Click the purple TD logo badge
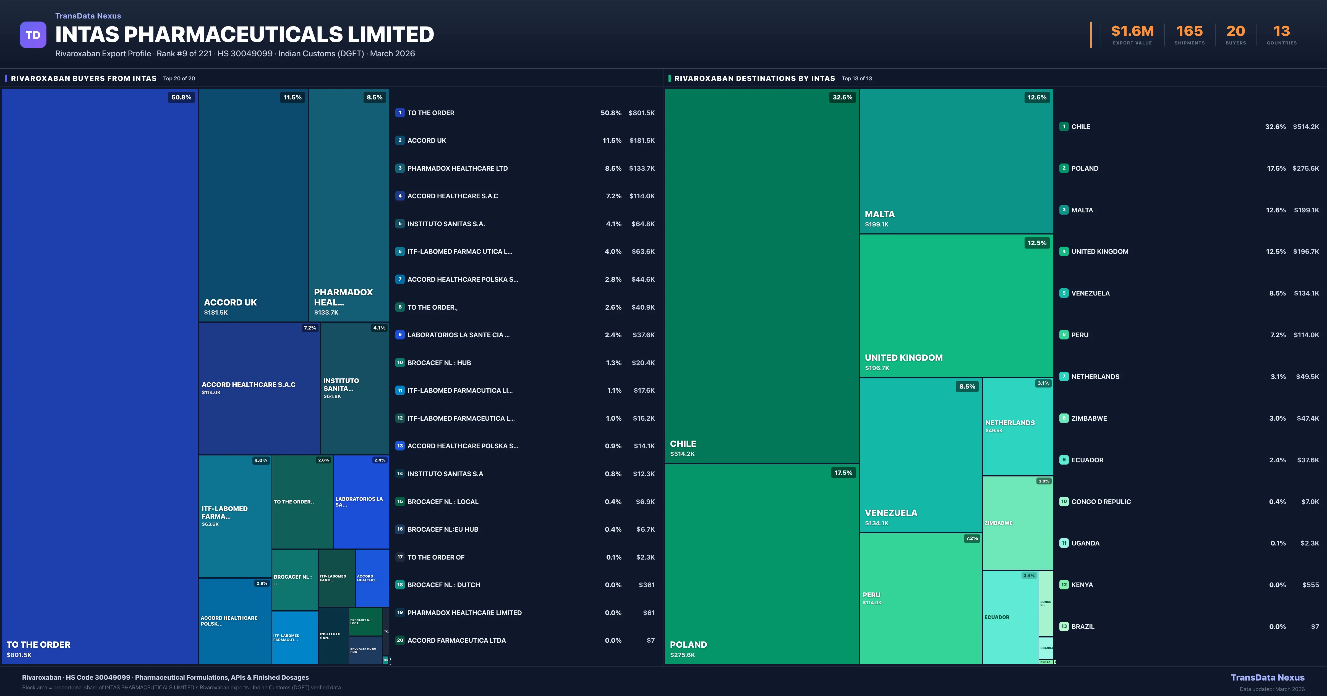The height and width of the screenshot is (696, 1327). [33, 35]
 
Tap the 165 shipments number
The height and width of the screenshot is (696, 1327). [1189, 31]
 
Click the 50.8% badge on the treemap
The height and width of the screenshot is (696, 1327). [181, 97]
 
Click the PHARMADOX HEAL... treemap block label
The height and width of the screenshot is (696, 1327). [343, 297]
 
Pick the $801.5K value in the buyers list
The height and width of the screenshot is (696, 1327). [641, 113]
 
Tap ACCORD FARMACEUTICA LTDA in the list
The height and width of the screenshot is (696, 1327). [456, 640]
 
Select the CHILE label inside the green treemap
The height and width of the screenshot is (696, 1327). [683, 444]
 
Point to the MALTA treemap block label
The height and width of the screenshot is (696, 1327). [879, 214]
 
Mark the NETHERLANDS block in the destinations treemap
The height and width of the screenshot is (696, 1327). [1010, 423]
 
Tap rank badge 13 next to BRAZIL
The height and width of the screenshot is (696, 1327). [1064, 626]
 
